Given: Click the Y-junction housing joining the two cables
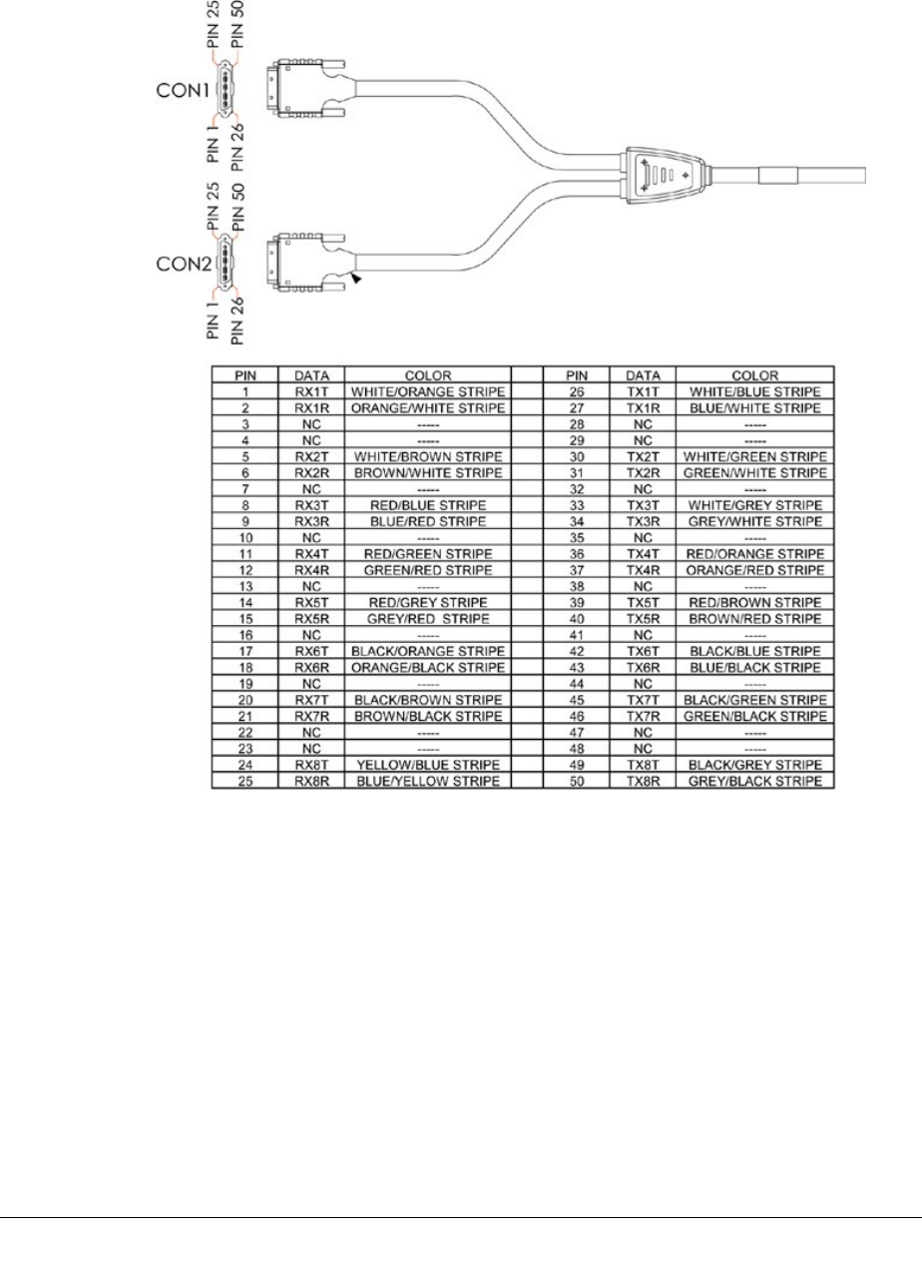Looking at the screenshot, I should click(x=665, y=173).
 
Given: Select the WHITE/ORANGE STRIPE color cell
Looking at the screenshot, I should click(x=427, y=393).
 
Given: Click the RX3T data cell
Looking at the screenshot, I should click(x=312, y=505).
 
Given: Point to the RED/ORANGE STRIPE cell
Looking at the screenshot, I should click(x=754, y=553).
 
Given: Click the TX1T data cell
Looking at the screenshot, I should click(x=642, y=393).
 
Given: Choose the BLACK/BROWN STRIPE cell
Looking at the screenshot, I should click(x=427, y=699).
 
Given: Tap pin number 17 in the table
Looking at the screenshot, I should click(x=245, y=651).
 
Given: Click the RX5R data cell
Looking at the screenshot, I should click(x=312, y=617).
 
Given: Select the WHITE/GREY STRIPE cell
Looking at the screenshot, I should click(x=754, y=505).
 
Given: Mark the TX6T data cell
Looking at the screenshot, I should click(x=642, y=651).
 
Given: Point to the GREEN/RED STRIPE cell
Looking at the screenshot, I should click(x=427, y=569).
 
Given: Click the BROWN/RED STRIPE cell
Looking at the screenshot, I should click(x=754, y=617).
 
